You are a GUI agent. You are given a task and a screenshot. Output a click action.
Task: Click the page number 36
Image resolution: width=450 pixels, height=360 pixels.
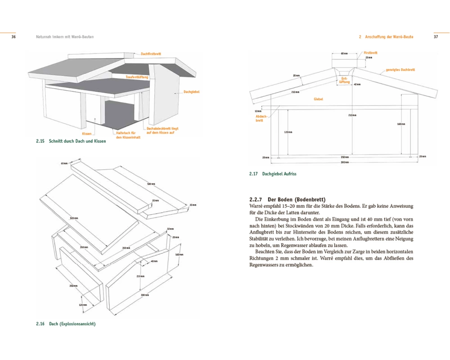[x=14, y=37]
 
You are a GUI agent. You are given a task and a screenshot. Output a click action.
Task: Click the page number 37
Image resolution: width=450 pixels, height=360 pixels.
[x=436, y=37]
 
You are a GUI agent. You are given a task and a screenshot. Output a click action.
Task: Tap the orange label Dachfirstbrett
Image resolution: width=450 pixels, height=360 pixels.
[x=151, y=54]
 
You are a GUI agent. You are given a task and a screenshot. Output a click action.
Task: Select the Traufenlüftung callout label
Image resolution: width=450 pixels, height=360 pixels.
[x=137, y=77]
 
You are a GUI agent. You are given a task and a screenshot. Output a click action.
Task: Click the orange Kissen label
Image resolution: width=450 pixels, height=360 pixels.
[x=87, y=134]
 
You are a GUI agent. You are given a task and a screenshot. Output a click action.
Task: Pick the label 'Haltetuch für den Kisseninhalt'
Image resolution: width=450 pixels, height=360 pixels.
[x=128, y=135]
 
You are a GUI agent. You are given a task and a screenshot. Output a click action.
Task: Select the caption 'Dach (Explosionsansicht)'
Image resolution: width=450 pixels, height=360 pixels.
[x=72, y=324]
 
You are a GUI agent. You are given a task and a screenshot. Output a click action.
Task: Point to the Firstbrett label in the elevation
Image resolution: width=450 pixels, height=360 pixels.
[x=370, y=53]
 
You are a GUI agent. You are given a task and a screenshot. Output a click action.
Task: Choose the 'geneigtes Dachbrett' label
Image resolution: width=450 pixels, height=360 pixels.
[x=400, y=70]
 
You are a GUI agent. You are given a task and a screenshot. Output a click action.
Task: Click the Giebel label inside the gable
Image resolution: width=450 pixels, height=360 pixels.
[x=318, y=99]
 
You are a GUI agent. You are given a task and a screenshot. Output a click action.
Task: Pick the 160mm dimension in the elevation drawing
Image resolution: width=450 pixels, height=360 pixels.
[x=401, y=124]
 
